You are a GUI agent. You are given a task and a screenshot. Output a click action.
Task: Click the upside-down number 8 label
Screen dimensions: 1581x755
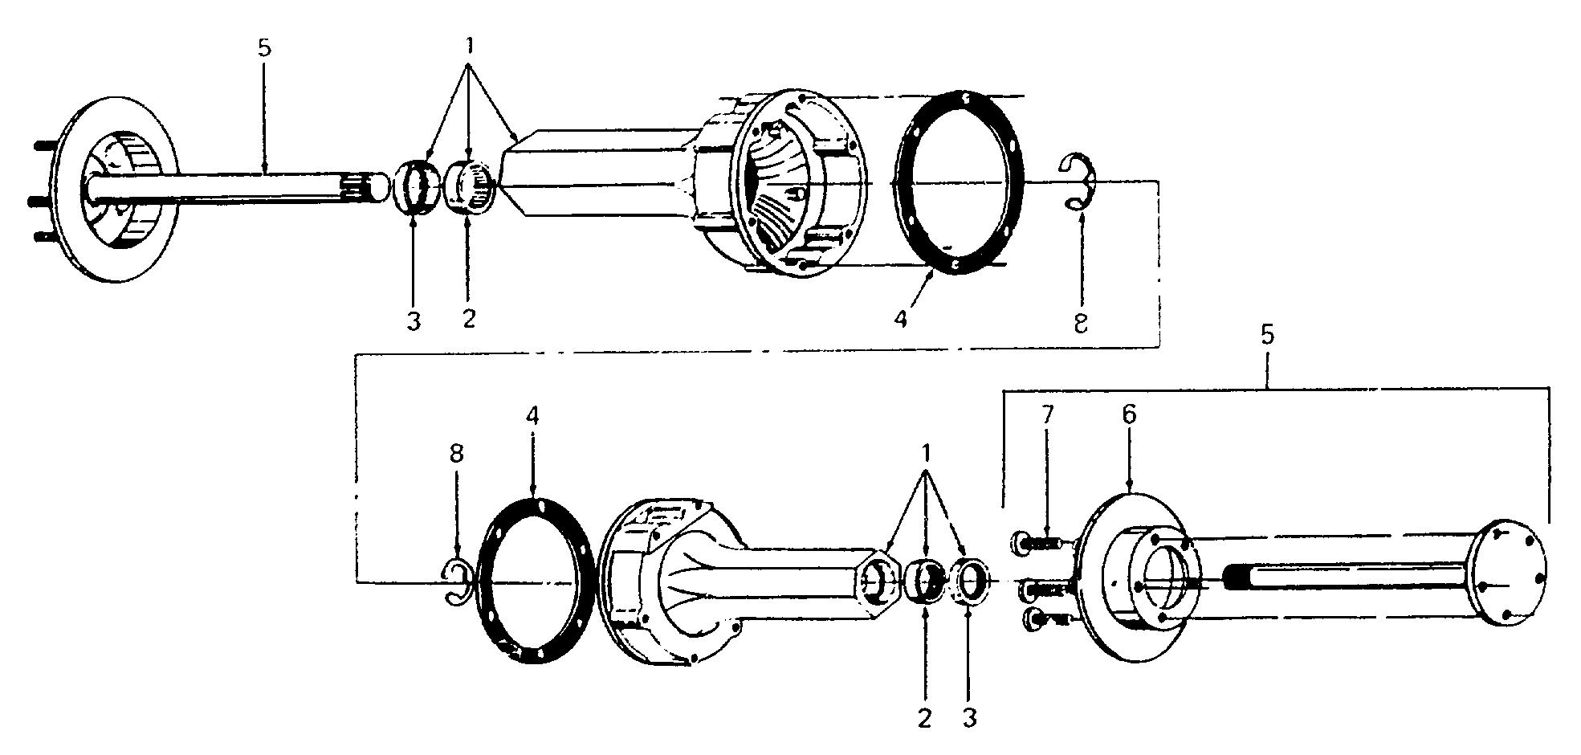point(1081,322)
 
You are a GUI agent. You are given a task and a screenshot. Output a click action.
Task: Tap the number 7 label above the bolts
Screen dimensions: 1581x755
point(1047,415)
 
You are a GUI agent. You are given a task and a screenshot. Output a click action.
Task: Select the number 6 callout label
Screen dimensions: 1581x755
point(1130,415)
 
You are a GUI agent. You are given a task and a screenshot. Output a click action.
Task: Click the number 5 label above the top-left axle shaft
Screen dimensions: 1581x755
point(264,47)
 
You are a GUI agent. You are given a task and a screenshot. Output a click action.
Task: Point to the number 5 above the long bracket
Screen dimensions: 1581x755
point(1267,336)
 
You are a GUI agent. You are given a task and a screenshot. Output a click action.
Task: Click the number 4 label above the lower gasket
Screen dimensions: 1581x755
point(533,415)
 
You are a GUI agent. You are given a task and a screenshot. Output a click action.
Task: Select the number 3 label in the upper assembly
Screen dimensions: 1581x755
point(413,322)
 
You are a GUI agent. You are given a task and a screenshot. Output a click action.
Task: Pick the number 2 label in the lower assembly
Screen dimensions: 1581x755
point(925,717)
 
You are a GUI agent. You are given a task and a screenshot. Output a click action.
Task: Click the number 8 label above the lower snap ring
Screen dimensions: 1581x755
point(456,455)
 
